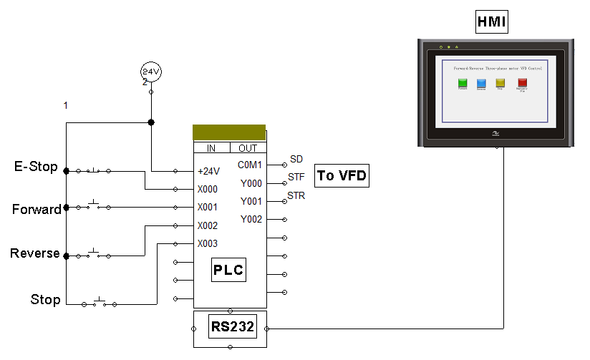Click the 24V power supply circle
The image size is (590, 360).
[150, 72]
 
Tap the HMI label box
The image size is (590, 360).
[491, 23]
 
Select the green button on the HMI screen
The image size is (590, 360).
[463, 82]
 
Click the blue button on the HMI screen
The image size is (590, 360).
[481, 82]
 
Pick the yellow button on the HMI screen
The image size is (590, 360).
[500, 82]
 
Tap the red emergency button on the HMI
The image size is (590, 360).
[522, 82]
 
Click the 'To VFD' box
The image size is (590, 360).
[342, 175]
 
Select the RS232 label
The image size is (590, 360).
[230, 328]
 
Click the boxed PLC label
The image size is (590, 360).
[228, 271]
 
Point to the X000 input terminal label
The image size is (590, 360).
[208, 190]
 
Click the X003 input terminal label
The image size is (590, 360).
[208, 243]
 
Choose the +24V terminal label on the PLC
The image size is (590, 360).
[209, 172]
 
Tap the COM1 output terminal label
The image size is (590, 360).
[250, 165]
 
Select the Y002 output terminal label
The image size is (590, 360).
[251, 219]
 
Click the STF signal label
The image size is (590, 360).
[296, 177]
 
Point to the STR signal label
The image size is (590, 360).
[296, 195]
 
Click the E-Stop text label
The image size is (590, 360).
[36, 167]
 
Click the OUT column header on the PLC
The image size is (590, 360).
[248, 148]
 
